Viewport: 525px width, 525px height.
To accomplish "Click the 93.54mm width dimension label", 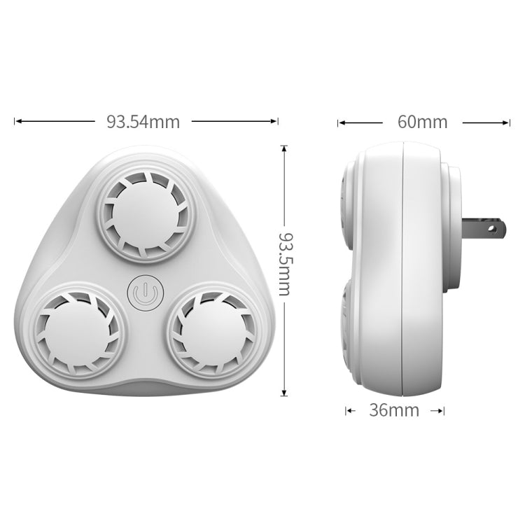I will [143, 122].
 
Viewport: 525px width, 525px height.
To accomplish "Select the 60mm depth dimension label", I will [422, 122].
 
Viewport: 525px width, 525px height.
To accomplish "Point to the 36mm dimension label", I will [394, 410].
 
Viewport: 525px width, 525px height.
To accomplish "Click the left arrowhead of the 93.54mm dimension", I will [17, 122].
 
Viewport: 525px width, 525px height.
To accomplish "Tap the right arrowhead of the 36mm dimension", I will [441, 411].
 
